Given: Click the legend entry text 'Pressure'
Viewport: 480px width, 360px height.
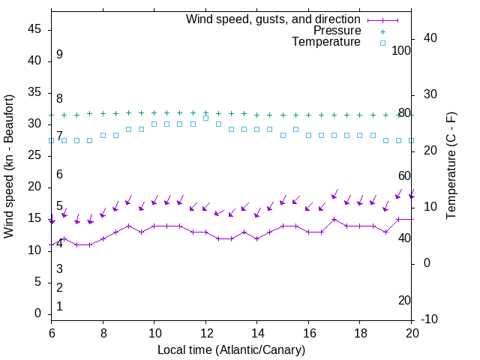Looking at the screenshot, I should tap(337, 31).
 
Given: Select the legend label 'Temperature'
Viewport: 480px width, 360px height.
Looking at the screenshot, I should tap(326, 42).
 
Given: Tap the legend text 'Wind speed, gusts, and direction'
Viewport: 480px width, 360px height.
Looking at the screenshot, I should tap(273, 19).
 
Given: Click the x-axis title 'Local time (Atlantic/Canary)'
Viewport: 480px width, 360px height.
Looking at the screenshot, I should tap(232, 350).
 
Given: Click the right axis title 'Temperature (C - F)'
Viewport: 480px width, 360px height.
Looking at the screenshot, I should tap(451, 166).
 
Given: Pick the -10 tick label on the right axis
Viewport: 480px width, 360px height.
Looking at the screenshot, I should tap(430, 319).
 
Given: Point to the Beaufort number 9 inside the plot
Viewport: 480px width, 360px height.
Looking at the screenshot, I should tap(59, 55).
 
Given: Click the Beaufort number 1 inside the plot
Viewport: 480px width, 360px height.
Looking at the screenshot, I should tap(59, 307).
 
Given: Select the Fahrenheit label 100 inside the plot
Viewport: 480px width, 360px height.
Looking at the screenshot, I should tap(402, 50).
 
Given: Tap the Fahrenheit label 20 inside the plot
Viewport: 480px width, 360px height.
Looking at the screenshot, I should tap(404, 301).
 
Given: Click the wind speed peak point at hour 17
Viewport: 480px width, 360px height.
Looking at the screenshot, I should tap(334, 219).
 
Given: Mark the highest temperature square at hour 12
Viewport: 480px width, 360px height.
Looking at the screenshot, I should tap(205, 118).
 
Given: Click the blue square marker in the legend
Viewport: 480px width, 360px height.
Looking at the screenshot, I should tap(382, 43).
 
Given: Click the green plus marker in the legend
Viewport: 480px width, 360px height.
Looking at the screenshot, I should tap(382, 31).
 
